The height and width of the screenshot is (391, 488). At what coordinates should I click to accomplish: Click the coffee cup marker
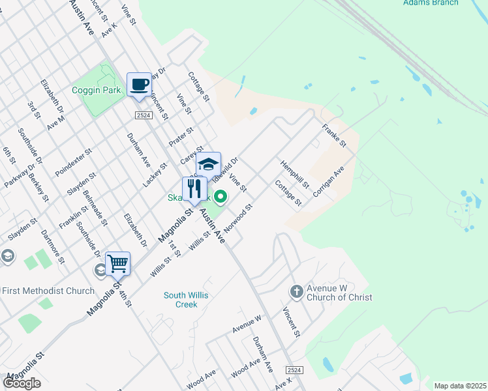pos(139,85)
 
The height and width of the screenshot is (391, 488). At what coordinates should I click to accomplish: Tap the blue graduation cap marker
pos(208,164)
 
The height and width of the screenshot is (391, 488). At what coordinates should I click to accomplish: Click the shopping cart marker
pos(117,264)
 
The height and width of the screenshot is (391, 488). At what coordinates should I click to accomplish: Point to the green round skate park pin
pos(221,195)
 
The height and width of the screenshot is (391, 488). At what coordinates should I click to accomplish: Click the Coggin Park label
pos(96,90)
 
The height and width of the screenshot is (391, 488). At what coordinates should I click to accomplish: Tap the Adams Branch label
pos(431,3)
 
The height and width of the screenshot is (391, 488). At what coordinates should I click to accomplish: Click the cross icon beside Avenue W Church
pos(296,291)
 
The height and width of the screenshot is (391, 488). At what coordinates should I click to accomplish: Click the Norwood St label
pos(238,220)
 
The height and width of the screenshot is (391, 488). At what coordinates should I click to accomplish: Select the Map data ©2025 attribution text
pos(460,386)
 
